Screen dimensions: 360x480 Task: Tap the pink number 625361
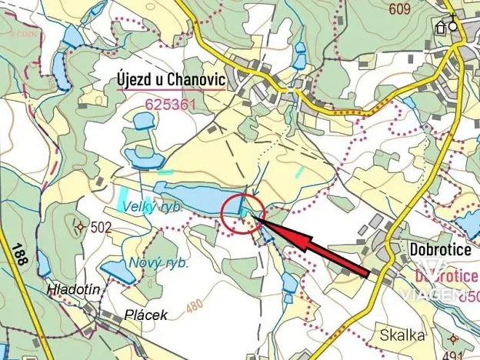pyautogui.click(x=171, y=102)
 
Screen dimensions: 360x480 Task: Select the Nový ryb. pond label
pyautogui.click(x=158, y=262)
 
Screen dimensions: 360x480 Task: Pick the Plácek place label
pyautogui.click(x=145, y=315)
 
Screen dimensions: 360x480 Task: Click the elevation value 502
pyautogui.click(x=101, y=227)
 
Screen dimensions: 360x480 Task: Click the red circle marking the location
pyautogui.click(x=243, y=212)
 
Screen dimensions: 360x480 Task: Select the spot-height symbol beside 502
pyautogui.click(x=81, y=226)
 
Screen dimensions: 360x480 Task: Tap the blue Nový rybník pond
pyautogui.click(x=119, y=271)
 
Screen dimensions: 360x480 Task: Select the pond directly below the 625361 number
pyautogui.click(x=143, y=121)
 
